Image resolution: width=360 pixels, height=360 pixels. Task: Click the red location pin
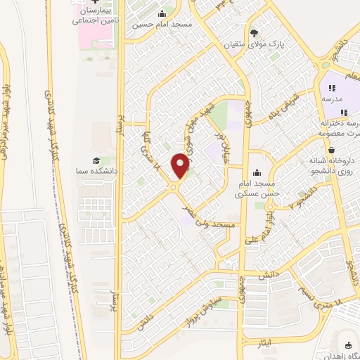pos(181,165)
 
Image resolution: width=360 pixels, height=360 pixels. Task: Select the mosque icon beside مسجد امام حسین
pos(162,13)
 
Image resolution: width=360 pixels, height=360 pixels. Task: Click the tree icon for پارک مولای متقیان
pos(255,32)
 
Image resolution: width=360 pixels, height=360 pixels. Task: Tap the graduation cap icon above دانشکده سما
pos(96,160)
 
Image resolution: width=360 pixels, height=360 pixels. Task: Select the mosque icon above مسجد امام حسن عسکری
pos(257,172)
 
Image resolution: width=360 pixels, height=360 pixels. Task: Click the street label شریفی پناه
pos(283,105)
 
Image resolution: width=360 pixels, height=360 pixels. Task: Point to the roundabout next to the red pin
pos(173,187)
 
